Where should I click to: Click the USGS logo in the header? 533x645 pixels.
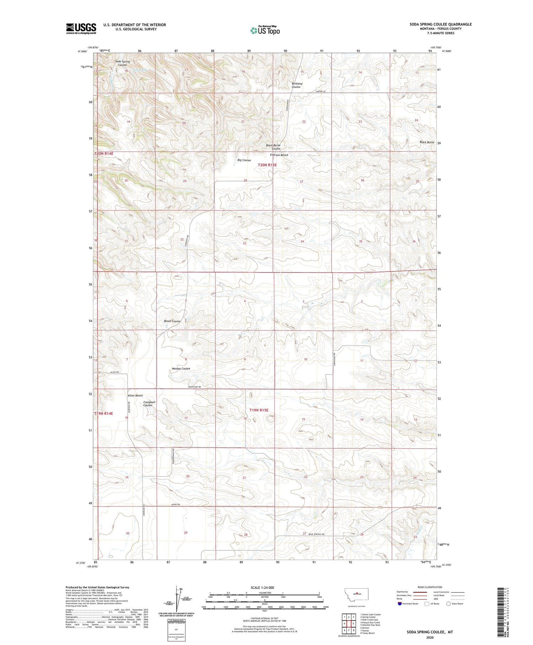[x=81, y=28]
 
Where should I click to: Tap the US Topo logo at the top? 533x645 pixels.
[x=265, y=31]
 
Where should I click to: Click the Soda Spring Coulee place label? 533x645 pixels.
[x=122, y=63]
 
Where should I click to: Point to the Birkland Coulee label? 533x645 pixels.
[x=297, y=85]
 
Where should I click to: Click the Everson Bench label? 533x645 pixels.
[x=279, y=155]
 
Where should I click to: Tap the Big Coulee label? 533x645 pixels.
[x=244, y=160]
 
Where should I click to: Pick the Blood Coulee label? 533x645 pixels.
[x=172, y=321]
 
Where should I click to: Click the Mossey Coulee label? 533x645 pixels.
[x=181, y=369]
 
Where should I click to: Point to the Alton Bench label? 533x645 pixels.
[x=135, y=396]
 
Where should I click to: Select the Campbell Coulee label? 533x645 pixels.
[x=149, y=404]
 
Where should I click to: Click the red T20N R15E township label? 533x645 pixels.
[x=267, y=165]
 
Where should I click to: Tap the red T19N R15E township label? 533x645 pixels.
[x=259, y=410]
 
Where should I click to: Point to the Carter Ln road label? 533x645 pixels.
[x=320, y=91]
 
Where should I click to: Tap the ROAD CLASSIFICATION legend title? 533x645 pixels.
[x=430, y=587]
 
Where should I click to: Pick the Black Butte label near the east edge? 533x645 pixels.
[x=426, y=142]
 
